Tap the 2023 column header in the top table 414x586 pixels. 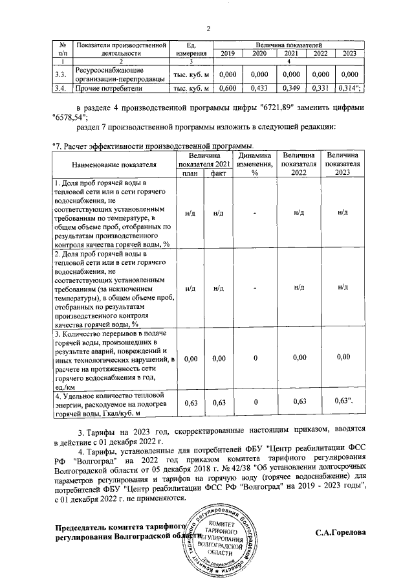(350, 54)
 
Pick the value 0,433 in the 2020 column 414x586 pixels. (259, 88)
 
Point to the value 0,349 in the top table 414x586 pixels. (291, 88)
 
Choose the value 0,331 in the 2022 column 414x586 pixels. (321, 88)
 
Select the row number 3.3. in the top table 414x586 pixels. (61, 74)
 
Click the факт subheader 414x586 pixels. (219, 174)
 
